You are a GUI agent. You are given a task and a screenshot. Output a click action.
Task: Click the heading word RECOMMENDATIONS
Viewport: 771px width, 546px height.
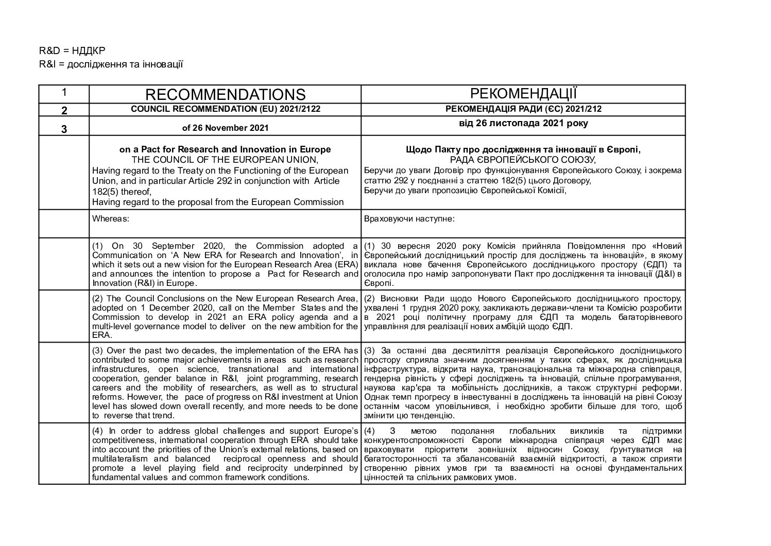pyautogui.click(x=225, y=94)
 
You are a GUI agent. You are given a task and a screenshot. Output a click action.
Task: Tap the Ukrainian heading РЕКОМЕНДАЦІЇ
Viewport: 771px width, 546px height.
pyautogui.click(x=523, y=94)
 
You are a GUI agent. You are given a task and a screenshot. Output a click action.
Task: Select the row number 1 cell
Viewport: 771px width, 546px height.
pyautogui.click(x=64, y=93)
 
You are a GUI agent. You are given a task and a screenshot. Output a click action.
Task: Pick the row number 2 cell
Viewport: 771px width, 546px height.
pyautogui.click(x=64, y=110)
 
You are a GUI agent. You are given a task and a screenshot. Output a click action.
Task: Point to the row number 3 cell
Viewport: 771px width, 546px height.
pyautogui.click(x=64, y=129)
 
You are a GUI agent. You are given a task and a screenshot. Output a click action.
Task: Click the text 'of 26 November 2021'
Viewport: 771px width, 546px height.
pyautogui.click(x=225, y=127)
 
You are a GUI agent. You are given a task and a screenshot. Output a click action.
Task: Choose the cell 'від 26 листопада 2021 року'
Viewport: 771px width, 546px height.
pyautogui.click(x=523, y=124)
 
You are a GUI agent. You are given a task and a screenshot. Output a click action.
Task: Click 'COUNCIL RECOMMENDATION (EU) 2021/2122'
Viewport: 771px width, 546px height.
pyautogui.click(x=225, y=109)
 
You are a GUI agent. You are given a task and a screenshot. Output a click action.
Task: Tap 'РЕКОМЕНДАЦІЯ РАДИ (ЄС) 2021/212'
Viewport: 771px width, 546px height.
pyautogui.click(x=523, y=109)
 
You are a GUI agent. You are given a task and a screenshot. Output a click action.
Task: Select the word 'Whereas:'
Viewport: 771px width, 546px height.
pyautogui.click(x=110, y=218)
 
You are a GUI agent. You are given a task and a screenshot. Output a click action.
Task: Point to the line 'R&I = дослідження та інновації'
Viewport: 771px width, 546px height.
pyautogui.click(x=111, y=64)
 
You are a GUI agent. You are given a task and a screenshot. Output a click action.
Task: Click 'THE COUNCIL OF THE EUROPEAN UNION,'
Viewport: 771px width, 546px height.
pyautogui.click(x=225, y=159)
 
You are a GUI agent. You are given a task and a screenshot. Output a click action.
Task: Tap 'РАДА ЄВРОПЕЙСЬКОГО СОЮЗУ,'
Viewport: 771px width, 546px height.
pyautogui.click(x=523, y=159)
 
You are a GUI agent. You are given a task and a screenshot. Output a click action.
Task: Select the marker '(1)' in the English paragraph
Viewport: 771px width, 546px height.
pyautogui.click(x=98, y=246)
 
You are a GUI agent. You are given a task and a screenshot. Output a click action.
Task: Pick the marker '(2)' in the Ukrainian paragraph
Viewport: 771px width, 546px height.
pyautogui.click(x=370, y=299)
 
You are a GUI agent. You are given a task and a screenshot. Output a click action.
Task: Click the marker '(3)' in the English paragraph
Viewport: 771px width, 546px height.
pyautogui.click(x=98, y=351)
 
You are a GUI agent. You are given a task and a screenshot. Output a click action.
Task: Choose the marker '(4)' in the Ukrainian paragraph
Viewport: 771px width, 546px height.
pyautogui.click(x=370, y=431)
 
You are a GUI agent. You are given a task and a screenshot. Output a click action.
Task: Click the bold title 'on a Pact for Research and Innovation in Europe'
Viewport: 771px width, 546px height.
pyautogui.click(x=225, y=149)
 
